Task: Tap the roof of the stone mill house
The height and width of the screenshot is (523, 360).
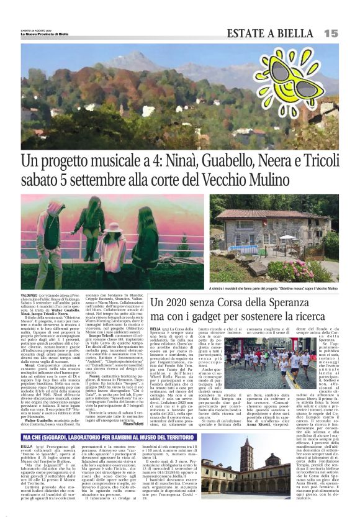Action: (x=273, y=215)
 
